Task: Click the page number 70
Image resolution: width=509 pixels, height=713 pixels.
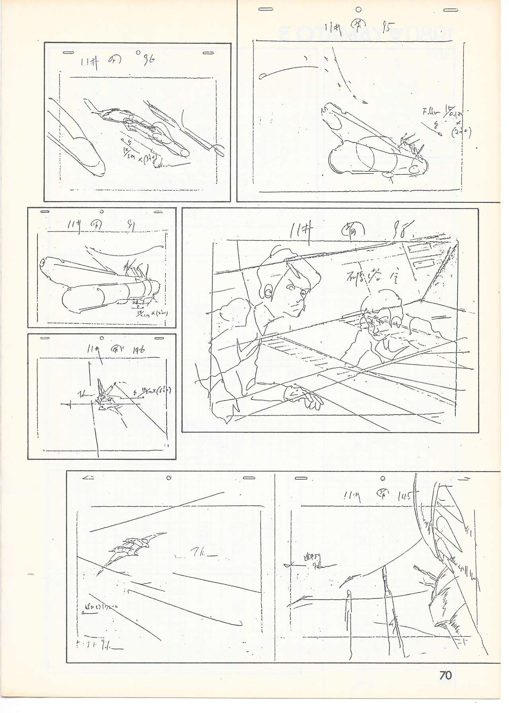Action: pyautogui.click(x=445, y=675)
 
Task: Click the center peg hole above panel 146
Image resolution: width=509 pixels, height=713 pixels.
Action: pyautogui.click(x=102, y=338)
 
